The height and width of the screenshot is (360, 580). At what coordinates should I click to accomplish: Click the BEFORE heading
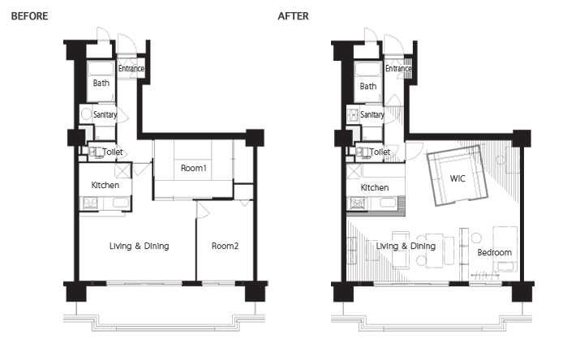tap(29, 16)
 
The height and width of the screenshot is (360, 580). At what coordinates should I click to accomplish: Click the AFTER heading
tap(293, 16)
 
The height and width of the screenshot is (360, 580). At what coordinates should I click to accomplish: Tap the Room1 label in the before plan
tap(193, 168)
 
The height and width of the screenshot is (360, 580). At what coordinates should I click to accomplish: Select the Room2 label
tap(225, 246)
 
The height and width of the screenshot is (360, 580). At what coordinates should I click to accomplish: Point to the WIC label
tap(458, 178)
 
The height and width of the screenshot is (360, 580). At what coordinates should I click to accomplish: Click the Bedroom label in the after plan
tap(495, 252)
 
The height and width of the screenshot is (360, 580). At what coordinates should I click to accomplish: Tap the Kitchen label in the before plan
tap(105, 185)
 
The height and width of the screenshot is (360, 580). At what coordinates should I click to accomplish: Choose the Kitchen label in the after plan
tap(374, 188)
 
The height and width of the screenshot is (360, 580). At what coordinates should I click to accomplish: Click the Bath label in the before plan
tap(101, 84)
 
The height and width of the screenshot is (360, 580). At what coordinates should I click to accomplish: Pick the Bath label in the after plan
tap(368, 87)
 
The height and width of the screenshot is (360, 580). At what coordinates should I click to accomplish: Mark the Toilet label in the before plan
tap(113, 152)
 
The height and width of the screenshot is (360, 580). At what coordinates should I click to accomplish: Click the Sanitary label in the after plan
tap(372, 115)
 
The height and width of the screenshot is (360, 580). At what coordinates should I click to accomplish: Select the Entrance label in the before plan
tap(131, 69)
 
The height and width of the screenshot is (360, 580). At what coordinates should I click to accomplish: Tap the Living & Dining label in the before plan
tap(139, 246)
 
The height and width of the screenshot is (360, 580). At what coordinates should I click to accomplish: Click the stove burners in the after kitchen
tap(357, 204)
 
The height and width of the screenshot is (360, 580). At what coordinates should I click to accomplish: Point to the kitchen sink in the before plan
tap(121, 203)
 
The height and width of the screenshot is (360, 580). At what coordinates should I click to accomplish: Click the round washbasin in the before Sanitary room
tap(87, 114)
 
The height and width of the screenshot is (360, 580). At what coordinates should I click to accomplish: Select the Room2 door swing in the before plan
tap(203, 210)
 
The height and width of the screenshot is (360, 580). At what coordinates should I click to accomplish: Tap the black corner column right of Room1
tap(255, 138)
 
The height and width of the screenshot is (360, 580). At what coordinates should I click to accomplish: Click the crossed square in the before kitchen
tap(122, 170)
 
